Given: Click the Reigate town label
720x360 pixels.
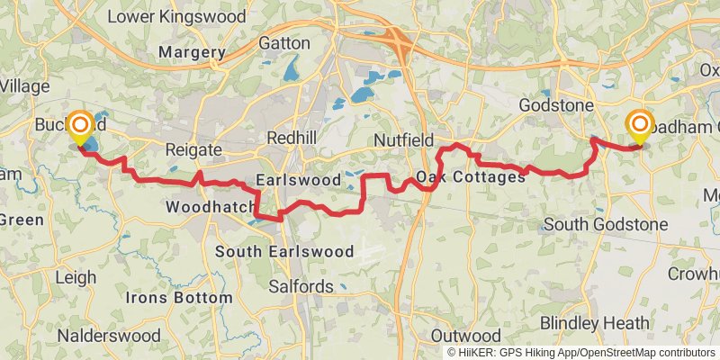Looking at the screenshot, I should (192, 148).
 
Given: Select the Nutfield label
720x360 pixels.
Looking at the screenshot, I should (404, 139).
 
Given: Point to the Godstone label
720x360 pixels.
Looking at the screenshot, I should (557, 105).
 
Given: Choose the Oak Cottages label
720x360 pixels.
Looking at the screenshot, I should (471, 177).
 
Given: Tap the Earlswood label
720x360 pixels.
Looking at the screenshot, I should (298, 180).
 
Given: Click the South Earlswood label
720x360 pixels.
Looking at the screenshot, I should (284, 252).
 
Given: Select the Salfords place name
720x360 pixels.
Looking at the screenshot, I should (302, 287).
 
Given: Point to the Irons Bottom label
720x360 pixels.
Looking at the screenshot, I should (178, 297).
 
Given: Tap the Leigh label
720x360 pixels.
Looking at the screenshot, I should (76, 279).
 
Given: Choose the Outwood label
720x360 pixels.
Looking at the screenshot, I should (466, 335).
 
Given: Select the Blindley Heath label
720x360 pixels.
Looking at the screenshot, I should (594, 322).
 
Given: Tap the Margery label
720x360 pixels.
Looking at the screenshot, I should (191, 53).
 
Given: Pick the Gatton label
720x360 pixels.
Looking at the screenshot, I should (284, 42).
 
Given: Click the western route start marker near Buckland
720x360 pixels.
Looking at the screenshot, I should (81, 127).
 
